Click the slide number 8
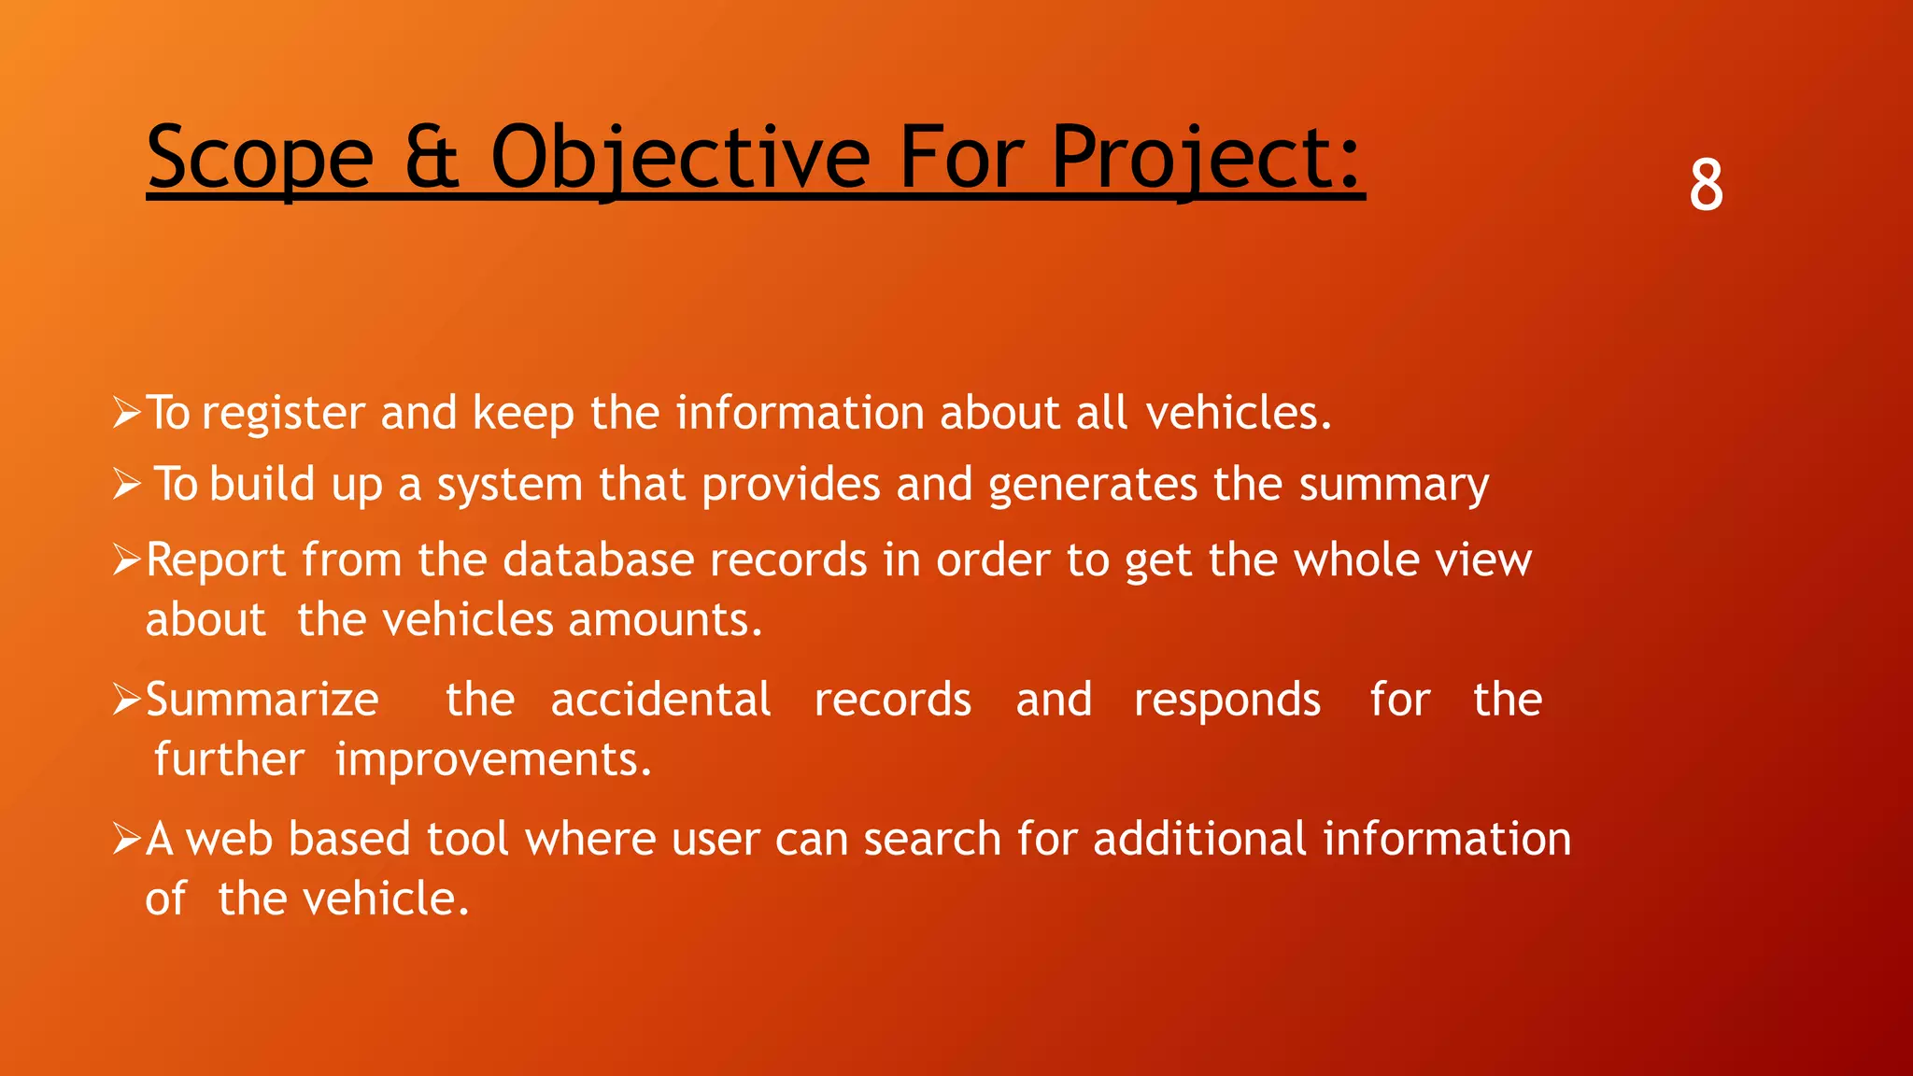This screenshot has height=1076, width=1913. pyautogui.click(x=1706, y=185)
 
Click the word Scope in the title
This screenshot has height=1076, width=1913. pyautogui.click(x=261, y=158)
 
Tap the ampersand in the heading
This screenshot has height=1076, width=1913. pyautogui.click(x=432, y=158)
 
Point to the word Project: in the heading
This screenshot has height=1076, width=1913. pyautogui.click(x=1207, y=158)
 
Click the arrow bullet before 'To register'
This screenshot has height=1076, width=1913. pyautogui.click(x=126, y=412)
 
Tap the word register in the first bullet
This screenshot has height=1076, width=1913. pyautogui.click(x=283, y=414)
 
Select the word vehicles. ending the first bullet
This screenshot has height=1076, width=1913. pyautogui.click(x=1239, y=412)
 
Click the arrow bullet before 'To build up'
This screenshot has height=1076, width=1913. pyautogui.click(x=126, y=484)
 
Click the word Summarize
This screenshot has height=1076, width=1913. pyautogui.click(x=262, y=700)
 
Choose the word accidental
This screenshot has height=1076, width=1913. pyautogui.click(x=660, y=700)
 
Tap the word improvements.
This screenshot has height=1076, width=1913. pyautogui.click(x=493, y=759)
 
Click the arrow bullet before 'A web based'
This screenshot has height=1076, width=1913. pyautogui.click(x=126, y=839)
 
